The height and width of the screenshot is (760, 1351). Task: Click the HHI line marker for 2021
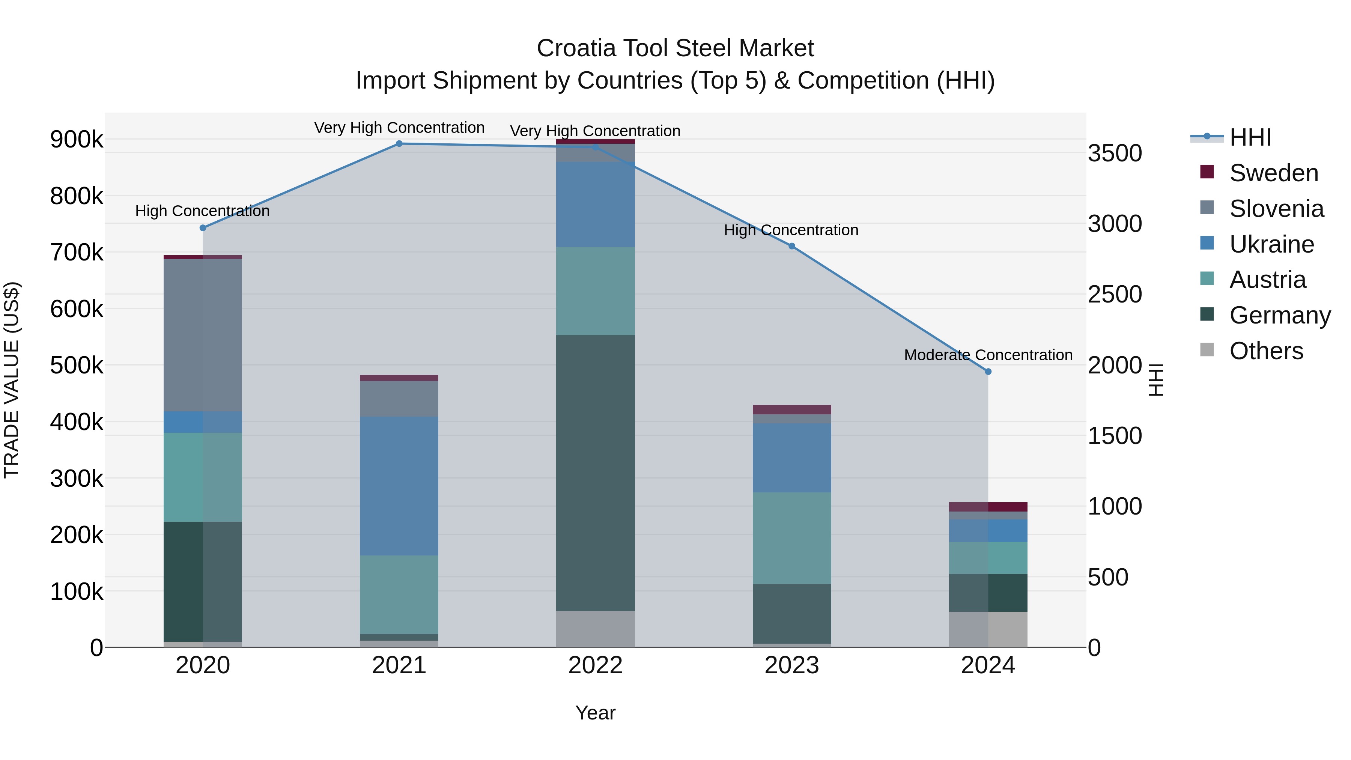(399, 144)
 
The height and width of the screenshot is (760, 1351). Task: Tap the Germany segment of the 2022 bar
(595, 472)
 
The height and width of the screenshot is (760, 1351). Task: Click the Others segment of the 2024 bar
(988, 629)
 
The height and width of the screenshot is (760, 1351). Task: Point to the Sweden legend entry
(1273, 173)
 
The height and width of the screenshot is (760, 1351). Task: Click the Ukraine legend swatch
(1207, 243)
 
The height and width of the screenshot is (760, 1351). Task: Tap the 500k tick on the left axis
(77, 366)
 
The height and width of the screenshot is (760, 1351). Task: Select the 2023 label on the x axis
(792, 665)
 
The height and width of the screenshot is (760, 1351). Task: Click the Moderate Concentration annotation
(988, 355)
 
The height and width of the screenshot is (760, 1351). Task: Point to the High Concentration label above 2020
(202, 211)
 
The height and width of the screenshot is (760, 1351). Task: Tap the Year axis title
(595, 713)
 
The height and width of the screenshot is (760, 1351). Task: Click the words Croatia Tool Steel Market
(675, 48)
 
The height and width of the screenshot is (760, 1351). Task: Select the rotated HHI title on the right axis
(1156, 380)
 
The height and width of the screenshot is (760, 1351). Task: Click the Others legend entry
(1266, 351)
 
